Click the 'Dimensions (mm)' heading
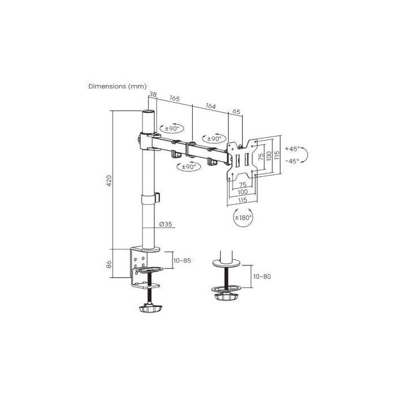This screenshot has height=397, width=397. click(x=117, y=86)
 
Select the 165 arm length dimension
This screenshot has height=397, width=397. click(x=175, y=99)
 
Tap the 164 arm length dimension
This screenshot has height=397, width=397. click(x=210, y=106)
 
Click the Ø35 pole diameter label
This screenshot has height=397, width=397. click(x=165, y=225)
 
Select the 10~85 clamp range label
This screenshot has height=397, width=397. click(x=181, y=260)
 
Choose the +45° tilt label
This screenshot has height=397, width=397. click(x=293, y=149)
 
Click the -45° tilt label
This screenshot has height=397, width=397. click(x=293, y=161)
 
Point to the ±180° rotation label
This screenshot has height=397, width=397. click(x=243, y=217)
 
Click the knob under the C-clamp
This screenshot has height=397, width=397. click(x=149, y=309)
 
